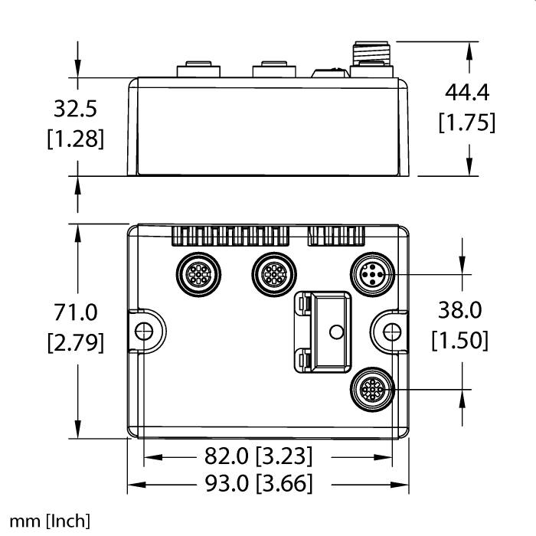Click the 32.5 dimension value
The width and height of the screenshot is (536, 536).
75,110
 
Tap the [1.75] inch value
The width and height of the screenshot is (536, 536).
466,123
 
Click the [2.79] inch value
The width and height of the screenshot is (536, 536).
76,342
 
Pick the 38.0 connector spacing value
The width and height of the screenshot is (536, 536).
459,309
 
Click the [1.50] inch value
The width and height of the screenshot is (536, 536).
459,339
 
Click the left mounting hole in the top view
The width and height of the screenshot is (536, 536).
142,331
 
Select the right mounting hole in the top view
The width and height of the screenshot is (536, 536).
391,331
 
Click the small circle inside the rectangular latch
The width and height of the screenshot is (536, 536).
335,331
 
